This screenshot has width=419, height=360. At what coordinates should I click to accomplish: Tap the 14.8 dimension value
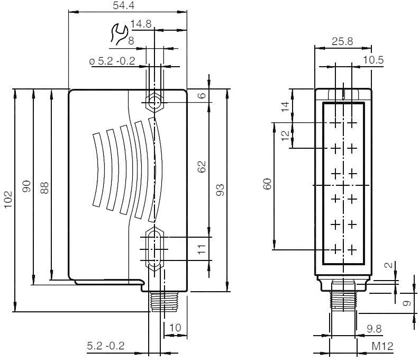tap(141, 24)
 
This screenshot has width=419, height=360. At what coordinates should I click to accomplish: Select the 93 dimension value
tap(220, 189)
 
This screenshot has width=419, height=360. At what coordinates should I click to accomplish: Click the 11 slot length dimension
tap(202, 249)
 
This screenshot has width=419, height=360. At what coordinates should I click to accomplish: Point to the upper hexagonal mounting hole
tap(154, 102)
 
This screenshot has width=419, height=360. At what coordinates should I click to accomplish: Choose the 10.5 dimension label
tap(374, 60)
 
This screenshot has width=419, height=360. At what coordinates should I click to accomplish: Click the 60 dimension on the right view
tap(268, 184)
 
